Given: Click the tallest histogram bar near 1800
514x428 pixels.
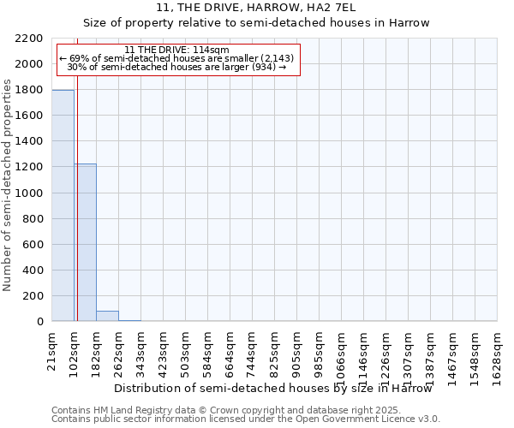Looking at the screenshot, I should tap(63, 205).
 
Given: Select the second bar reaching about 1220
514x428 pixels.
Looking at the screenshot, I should tap(85, 242).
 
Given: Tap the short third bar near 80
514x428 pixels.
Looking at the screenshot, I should tap(107, 316).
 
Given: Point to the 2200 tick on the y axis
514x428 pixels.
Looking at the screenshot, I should tap(32, 39).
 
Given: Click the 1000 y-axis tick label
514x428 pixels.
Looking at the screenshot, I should tap(32, 193).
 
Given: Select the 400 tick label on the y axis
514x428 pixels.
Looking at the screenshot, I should tap(35, 270).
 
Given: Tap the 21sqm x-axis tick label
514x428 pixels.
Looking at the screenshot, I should tap(51, 348).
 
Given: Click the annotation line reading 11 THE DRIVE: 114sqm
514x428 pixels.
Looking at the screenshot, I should tap(176, 51).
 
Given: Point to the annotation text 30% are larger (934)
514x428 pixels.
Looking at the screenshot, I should tap(176, 68).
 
